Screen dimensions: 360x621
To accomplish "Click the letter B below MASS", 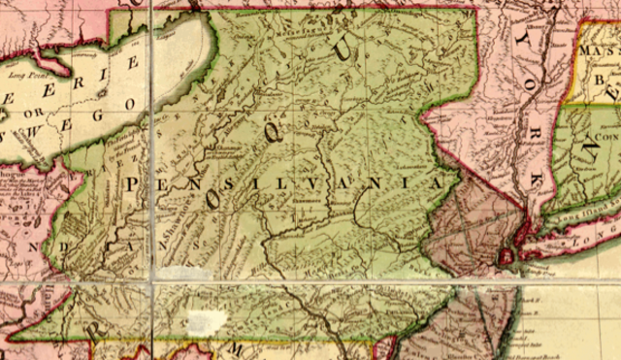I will (x=600, y=74).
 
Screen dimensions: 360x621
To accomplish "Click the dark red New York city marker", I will (x=506, y=257).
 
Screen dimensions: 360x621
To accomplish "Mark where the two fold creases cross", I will (x=152, y=279).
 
